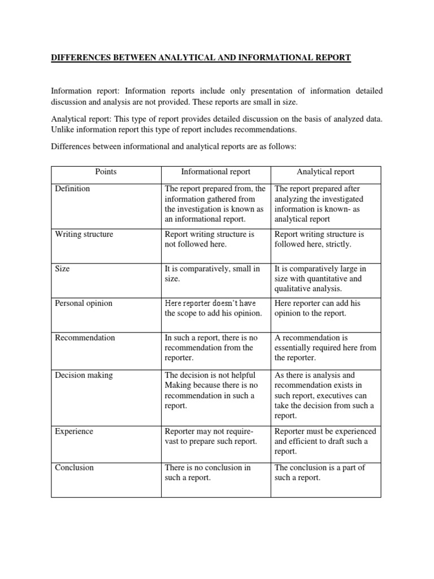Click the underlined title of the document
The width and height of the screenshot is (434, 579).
(201, 58)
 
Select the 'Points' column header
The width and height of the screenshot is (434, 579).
(106, 172)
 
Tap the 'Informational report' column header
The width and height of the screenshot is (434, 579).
(215, 172)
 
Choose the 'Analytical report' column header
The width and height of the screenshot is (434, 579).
(325, 172)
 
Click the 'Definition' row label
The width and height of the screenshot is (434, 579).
(72, 189)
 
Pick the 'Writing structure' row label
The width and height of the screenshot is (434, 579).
(84, 234)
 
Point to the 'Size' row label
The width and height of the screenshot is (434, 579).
(62, 269)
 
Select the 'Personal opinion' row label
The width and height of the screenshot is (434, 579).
(84, 303)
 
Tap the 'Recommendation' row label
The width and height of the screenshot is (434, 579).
(85, 338)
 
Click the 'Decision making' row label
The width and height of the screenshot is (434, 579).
(84, 375)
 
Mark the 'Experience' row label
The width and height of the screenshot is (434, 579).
(74, 431)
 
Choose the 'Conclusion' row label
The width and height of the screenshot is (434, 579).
(74, 468)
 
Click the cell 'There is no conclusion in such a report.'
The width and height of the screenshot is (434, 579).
(207, 473)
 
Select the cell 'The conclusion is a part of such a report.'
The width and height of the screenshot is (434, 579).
(320, 473)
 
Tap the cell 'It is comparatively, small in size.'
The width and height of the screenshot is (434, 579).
(212, 274)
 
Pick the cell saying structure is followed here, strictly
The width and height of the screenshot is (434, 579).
(319, 239)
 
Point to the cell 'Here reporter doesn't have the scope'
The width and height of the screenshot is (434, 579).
(214, 308)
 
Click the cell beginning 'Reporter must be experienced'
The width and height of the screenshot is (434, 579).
(325, 441)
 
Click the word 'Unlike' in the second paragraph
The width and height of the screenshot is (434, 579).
(62, 129)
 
